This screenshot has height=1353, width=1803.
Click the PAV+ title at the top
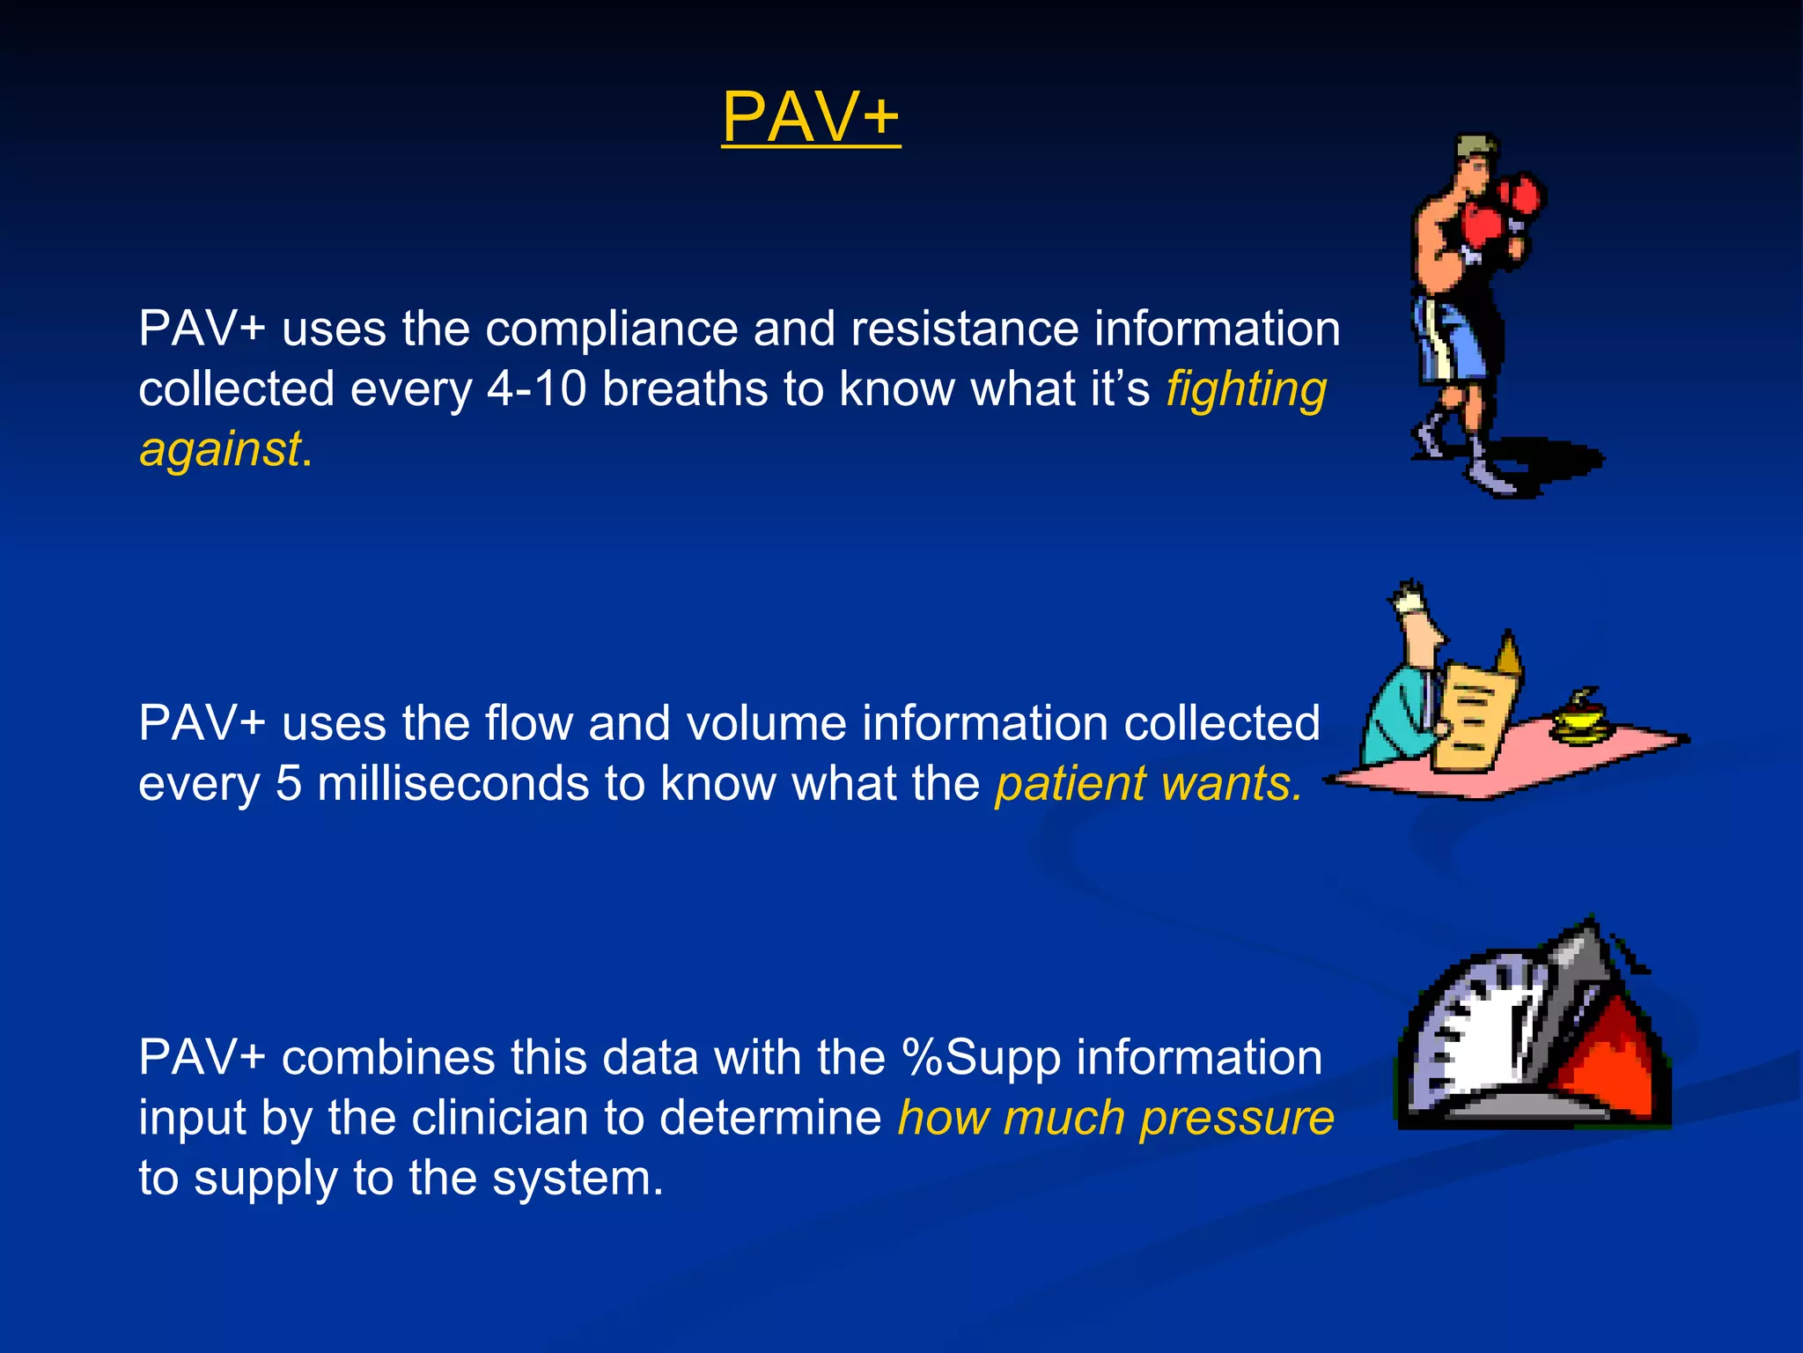click(811, 117)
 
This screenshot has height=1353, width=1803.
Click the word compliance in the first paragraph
click(612, 329)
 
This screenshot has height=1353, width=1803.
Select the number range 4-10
click(537, 389)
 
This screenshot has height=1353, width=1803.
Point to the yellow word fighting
click(1246, 389)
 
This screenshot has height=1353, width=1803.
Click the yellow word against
click(220, 449)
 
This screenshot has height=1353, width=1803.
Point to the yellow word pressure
click(1237, 1119)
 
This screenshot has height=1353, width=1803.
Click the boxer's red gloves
click(1497, 211)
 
